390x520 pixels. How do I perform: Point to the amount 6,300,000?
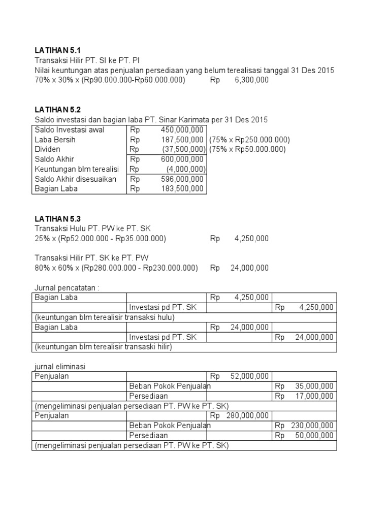(251, 80)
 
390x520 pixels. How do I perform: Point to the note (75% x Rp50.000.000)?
(247, 149)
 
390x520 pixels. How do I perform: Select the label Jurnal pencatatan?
(67, 288)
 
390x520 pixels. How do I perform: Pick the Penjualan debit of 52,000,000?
(251, 376)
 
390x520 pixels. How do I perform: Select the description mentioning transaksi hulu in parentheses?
(104, 317)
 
